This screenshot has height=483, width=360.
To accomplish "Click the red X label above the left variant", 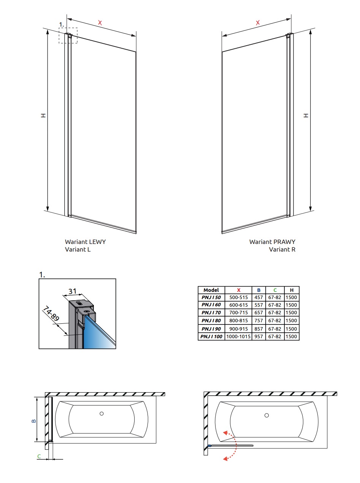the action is (100, 22).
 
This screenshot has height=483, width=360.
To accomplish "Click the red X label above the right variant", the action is (258, 22).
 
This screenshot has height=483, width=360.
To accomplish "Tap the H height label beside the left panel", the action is (43, 115).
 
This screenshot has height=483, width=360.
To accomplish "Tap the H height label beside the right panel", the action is (306, 115).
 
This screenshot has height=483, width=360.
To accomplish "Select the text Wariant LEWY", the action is (85, 242).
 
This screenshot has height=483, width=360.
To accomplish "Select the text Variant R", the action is (282, 249).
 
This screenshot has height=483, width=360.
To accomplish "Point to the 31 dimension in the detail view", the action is (72, 291).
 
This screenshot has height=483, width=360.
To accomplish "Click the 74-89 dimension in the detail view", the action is (51, 314).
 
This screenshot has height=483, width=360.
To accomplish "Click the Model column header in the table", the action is (211, 290).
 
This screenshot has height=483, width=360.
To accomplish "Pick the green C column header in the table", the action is (275, 290).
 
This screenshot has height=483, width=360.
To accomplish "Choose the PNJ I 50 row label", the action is (211, 297).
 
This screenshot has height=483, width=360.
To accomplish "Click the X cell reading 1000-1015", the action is (238, 336).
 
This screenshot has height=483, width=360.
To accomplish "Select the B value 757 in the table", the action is (259, 321).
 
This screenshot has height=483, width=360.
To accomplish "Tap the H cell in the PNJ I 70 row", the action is (291, 312).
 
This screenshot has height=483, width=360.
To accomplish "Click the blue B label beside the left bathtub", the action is (34, 421).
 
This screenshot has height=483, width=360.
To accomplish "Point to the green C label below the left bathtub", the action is (39, 456).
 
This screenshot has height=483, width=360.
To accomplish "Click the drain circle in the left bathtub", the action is (101, 413).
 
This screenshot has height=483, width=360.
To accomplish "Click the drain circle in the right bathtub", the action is (266, 415).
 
